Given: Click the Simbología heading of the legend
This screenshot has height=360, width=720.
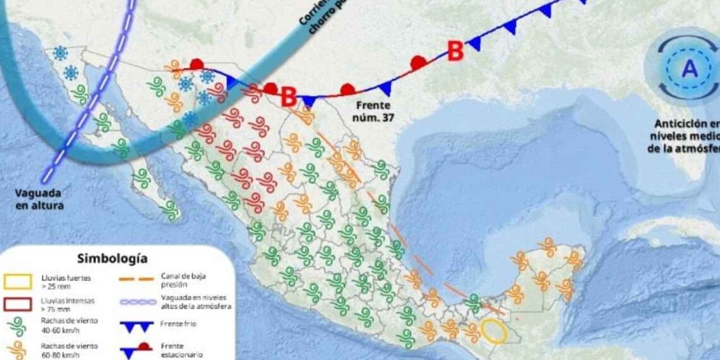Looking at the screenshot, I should pos(112,258).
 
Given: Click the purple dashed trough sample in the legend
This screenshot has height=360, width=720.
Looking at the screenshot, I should pos(136,302).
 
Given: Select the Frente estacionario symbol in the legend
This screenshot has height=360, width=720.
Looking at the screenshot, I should pos(136,348).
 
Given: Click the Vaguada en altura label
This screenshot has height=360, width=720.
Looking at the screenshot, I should pos(40,200).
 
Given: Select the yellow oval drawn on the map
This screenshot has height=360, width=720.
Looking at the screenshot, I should pos(493,331).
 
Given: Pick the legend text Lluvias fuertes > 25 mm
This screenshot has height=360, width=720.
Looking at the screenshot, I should pos(66,281).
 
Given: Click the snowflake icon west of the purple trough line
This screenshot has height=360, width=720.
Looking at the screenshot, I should pos(61,54).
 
